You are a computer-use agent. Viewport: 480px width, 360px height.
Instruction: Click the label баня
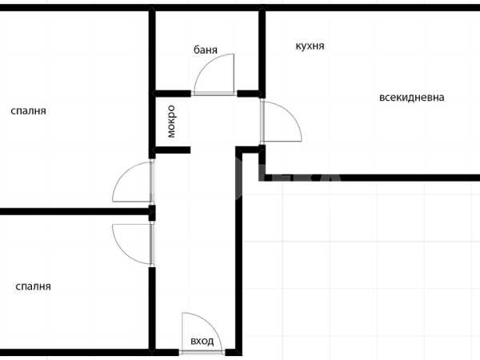tap(206, 50)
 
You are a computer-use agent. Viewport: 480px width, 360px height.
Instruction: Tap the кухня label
tap(310, 46)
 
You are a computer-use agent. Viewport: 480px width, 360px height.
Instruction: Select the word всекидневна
tap(412, 98)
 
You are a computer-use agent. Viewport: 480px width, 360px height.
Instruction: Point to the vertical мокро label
tap(171, 122)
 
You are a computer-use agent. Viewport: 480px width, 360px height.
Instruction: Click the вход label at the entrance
tap(202, 341)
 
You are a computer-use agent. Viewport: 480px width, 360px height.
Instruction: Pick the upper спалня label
tap(29, 111)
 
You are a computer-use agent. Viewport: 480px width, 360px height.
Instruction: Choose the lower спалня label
tap(33, 286)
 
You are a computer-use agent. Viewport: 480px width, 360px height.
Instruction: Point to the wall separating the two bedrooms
tap(74, 211)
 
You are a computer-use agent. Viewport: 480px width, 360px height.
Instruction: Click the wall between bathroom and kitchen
tap(262, 51)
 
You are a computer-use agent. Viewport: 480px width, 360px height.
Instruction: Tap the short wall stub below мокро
tap(173, 150)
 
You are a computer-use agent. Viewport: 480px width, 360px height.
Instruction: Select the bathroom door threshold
tap(214, 94)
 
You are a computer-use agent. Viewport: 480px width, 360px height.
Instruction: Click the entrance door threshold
tap(202, 352)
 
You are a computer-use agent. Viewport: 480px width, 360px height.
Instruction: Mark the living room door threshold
tap(262, 122)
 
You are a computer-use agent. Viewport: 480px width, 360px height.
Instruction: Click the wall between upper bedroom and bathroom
tap(152, 82)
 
